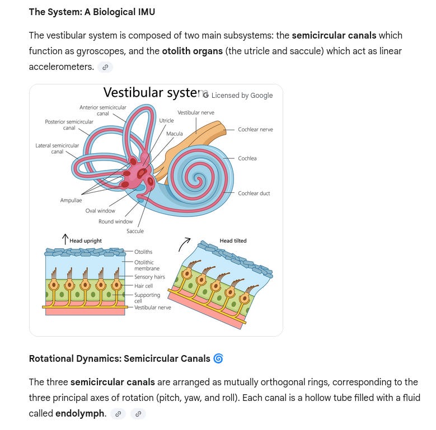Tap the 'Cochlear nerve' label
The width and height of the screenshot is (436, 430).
[x=255, y=130]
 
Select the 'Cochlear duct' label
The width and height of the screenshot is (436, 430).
[x=254, y=193]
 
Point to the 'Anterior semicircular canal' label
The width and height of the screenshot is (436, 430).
[x=103, y=110]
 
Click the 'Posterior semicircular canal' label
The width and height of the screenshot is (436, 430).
[x=69, y=125]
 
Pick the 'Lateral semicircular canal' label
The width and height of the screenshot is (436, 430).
[x=58, y=148]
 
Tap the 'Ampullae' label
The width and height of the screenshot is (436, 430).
[x=71, y=200]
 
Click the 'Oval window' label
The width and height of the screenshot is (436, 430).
[x=100, y=211]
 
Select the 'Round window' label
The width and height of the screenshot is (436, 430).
[x=116, y=221]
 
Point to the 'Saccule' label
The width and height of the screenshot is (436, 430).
[x=135, y=231]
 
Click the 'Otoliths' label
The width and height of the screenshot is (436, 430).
[x=143, y=252]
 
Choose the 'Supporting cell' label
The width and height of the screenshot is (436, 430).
[x=147, y=297]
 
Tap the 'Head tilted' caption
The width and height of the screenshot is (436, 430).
[x=233, y=241]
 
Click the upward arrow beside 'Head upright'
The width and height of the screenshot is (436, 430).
[x=65, y=239]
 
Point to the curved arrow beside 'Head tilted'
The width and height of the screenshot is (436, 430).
[x=184, y=244]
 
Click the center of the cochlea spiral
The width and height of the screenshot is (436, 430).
[x=198, y=179]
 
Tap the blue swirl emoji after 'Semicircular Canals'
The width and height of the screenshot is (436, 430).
[x=218, y=358]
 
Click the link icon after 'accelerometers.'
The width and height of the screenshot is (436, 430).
[x=105, y=67]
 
